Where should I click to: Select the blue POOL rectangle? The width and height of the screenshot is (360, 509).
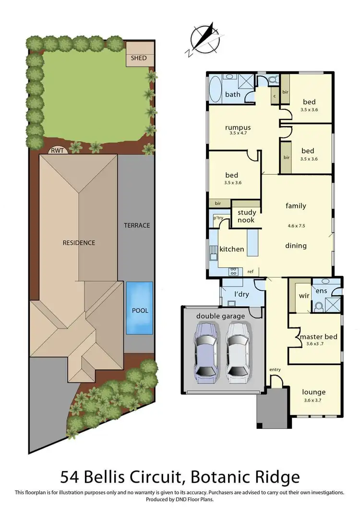140,308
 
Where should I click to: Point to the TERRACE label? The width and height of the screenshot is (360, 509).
137,225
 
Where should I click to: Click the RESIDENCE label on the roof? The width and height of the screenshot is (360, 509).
79,243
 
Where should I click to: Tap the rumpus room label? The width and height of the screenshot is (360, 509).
239,128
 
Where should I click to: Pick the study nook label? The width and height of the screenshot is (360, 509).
246,216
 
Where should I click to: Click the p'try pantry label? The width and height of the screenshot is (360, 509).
219,218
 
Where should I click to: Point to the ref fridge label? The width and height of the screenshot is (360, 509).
251,272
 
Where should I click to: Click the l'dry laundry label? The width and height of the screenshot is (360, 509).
241,294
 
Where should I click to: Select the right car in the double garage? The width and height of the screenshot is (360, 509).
238,352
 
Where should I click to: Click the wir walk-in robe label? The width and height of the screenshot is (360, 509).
304,296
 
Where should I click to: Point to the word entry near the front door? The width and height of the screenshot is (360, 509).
275,369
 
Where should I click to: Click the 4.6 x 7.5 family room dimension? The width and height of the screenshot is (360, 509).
296,225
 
